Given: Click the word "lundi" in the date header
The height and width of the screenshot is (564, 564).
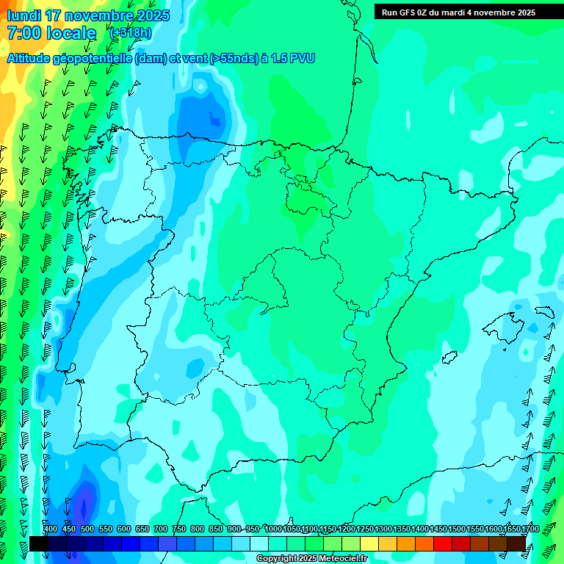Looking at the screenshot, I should pyautogui.click(x=23, y=15).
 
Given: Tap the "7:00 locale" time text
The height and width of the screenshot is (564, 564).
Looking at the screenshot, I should pyautogui.click(x=51, y=33).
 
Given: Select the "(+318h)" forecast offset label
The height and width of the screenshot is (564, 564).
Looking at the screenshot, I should pyautogui.click(x=131, y=33).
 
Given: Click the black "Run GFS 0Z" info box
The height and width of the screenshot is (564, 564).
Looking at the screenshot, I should pyautogui.click(x=458, y=12).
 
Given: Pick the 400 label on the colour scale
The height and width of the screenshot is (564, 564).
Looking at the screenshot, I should pyautogui.click(x=51, y=529).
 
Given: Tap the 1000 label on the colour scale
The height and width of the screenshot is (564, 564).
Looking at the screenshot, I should pyautogui.click(x=273, y=529).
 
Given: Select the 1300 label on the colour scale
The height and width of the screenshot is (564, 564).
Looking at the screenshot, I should pyautogui.click(x=383, y=529).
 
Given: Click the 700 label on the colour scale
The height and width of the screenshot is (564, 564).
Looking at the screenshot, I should pyautogui.click(x=161, y=529).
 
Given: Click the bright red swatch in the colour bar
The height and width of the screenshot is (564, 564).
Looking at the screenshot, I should pyautogui.click(x=443, y=543).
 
